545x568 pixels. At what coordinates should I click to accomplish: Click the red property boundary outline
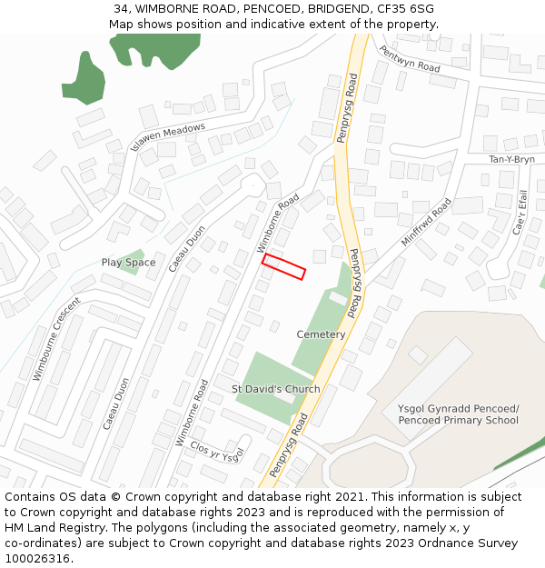(283, 266)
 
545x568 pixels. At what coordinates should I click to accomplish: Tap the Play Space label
(128, 263)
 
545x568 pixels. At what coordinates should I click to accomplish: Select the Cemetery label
(321, 334)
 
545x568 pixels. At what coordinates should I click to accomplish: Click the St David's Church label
(275, 389)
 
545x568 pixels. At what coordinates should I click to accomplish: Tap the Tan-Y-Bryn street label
(511, 159)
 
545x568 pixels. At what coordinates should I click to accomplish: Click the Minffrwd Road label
(426, 223)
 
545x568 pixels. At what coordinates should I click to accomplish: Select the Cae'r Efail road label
(520, 212)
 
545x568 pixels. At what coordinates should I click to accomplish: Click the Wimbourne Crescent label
(57, 338)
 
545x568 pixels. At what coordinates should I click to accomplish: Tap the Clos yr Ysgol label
(218, 451)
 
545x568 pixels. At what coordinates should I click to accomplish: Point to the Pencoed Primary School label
(458, 414)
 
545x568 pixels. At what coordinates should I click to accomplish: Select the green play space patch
(132, 259)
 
